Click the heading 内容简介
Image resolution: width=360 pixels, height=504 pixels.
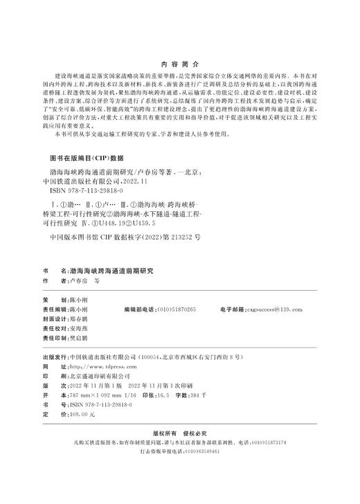[179, 61]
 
